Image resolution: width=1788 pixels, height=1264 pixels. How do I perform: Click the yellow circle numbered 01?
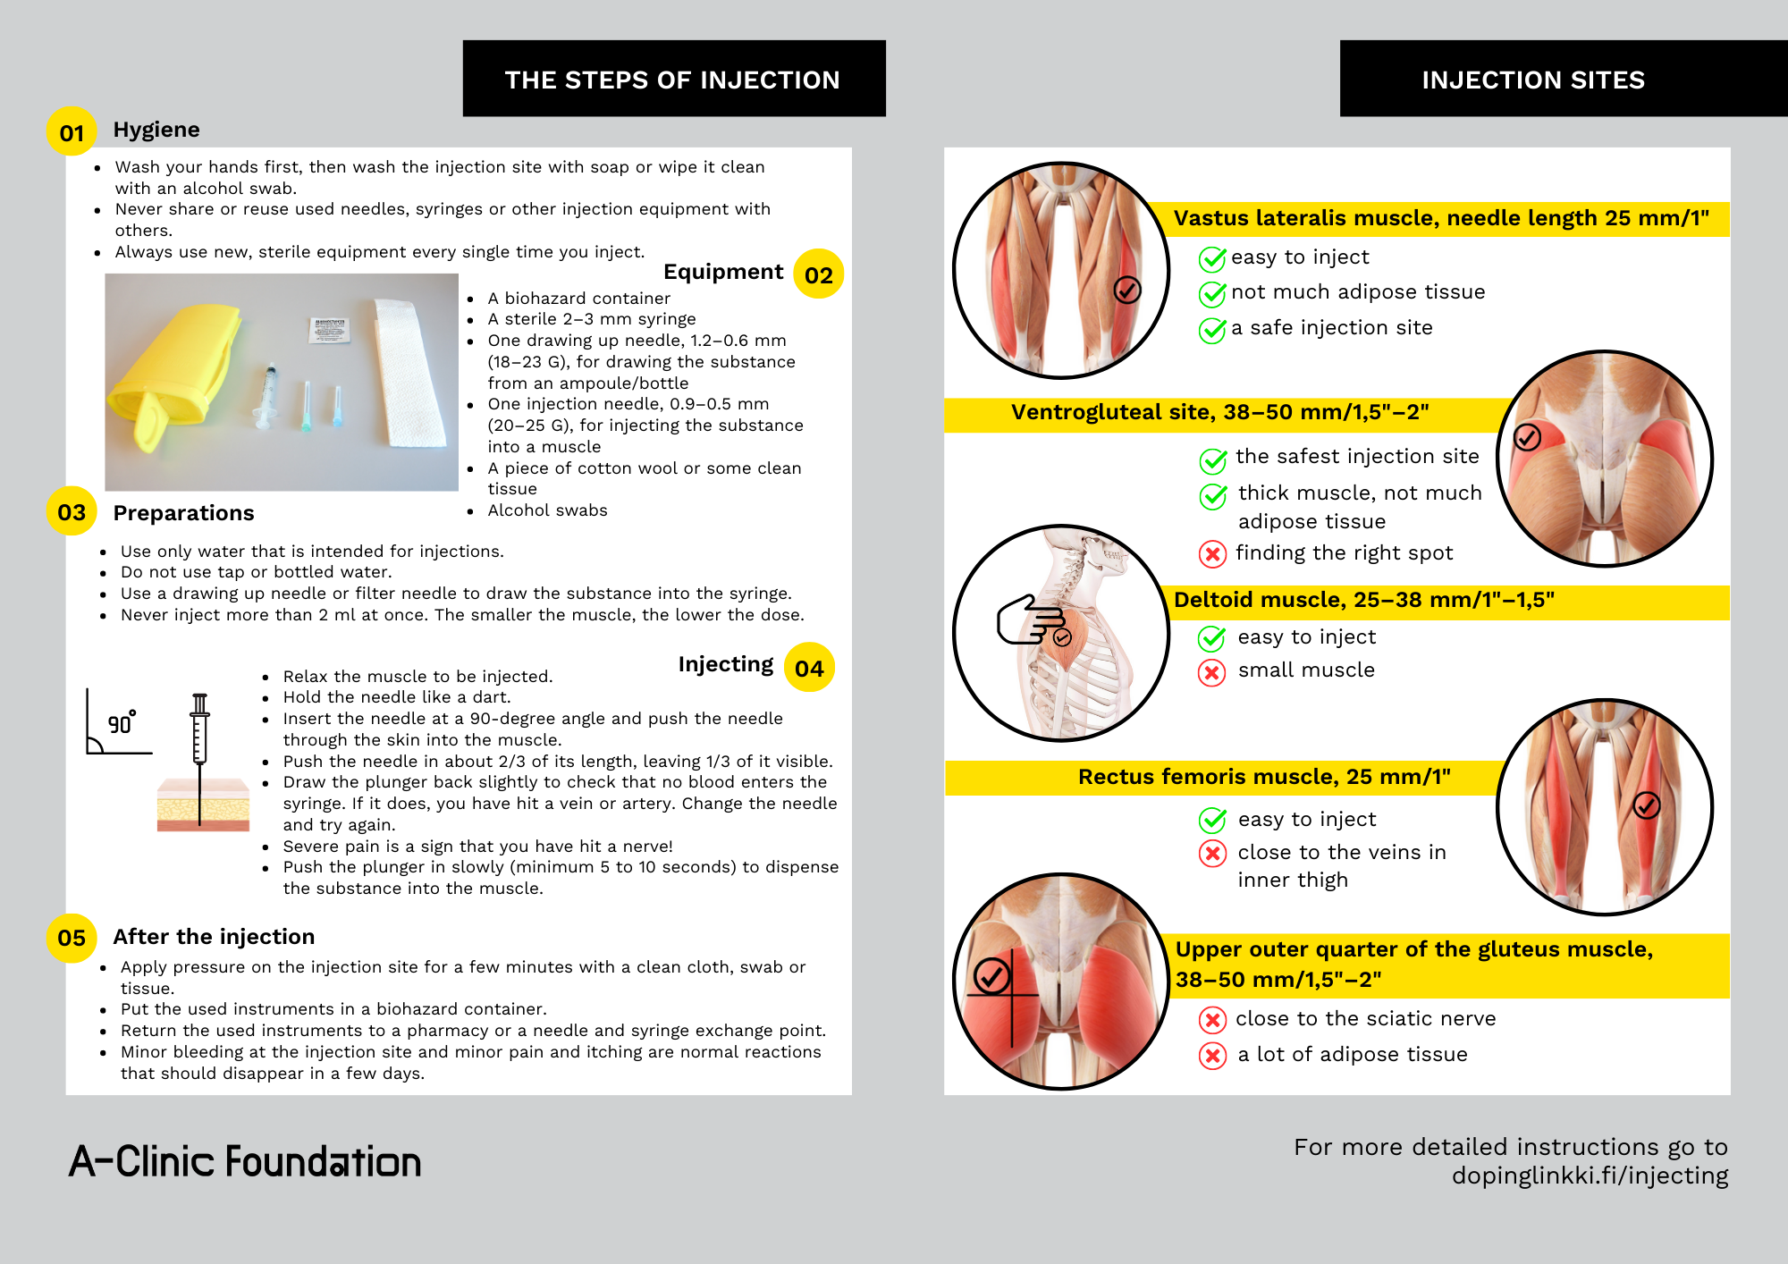(72, 131)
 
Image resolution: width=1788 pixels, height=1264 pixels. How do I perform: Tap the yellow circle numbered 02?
(818, 274)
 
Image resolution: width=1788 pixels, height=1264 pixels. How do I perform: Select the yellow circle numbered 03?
(72, 511)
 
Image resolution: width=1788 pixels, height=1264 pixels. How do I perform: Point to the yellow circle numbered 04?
(808, 667)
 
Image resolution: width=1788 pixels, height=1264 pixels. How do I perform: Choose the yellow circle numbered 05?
(72, 938)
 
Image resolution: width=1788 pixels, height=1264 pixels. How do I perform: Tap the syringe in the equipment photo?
(267, 393)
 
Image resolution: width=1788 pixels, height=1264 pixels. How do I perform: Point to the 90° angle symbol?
(118, 722)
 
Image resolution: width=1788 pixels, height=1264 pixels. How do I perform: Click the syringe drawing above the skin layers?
(200, 729)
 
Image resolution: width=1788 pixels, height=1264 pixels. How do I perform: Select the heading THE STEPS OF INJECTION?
(673, 79)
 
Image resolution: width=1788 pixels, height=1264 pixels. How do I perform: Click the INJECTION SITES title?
(1533, 79)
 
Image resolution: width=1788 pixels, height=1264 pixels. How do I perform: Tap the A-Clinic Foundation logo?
(245, 1161)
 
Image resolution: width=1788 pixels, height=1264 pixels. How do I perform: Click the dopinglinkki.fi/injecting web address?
(1590, 1175)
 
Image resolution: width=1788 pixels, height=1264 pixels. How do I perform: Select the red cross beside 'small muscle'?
(1211, 671)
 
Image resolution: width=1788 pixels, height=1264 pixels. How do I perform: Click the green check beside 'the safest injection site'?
(1212, 459)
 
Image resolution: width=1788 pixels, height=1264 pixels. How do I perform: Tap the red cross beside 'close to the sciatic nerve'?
(1211, 1019)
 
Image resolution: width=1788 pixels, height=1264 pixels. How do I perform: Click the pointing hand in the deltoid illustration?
(1028, 619)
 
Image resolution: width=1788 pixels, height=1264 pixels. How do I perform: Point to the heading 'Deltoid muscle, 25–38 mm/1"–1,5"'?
(1363, 600)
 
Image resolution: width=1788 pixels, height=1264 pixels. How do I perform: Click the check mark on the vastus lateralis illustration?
(1126, 290)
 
